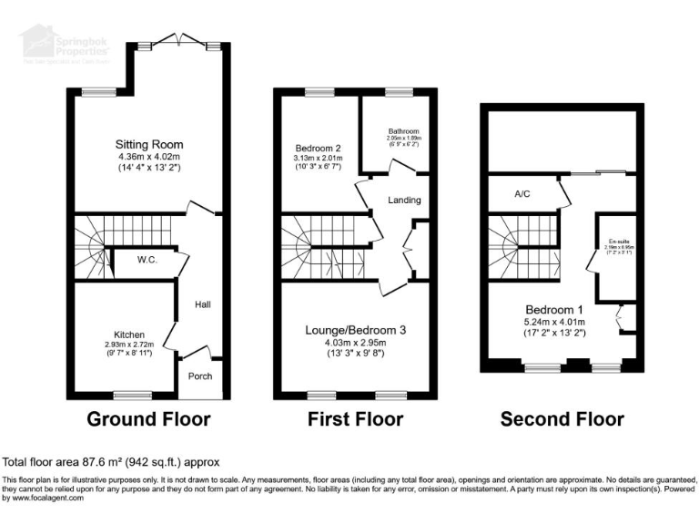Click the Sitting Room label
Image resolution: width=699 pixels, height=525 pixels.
[149, 144]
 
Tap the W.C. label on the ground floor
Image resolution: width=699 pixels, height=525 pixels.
[148, 260]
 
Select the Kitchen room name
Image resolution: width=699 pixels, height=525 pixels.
[130, 335]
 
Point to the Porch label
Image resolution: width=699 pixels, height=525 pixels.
[199, 375]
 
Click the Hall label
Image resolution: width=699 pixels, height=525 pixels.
[202, 304]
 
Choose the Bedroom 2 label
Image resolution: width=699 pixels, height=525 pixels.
[318, 147]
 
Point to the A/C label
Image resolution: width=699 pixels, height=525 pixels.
[522, 193]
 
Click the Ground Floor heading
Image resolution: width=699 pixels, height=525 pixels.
[148, 419]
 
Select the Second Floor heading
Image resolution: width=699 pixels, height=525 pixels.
[562, 419]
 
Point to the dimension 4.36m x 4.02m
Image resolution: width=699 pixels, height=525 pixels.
[149, 156]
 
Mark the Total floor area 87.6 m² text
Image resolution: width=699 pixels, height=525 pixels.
[111, 462]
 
